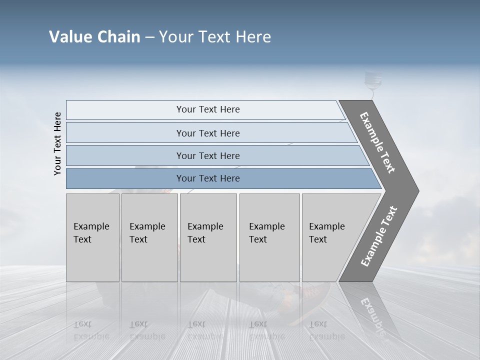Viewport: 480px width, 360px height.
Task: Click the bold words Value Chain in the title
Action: tap(94, 37)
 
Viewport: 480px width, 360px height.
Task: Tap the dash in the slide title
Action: tap(149, 37)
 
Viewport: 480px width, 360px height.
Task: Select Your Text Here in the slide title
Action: tap(214, 37)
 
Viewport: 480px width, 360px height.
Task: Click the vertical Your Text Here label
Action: tap(57, 144)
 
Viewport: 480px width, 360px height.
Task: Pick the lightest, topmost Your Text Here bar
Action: tap(208, 109)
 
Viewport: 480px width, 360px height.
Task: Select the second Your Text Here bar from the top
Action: tap(208, 133)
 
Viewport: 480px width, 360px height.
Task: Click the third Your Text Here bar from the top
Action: tap(208, 155)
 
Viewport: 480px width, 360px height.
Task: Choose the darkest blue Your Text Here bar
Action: tap(208, 178)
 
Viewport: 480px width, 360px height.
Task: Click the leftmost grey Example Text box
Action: tap(92, 237)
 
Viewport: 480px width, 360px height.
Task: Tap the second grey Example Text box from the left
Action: tap(149, 237)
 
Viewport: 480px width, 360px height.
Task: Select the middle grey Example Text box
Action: tap(208, 237)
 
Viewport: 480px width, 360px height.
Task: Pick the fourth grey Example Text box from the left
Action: tap(269, 237)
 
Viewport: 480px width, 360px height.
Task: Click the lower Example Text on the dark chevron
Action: tap(379, 236)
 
